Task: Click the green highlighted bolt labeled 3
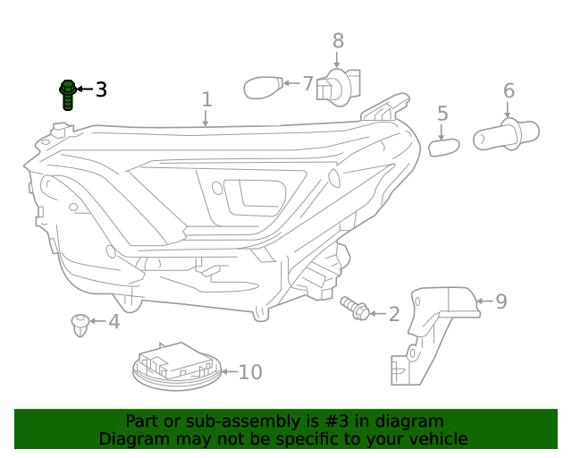point(67,94)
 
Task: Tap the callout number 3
point(101,89)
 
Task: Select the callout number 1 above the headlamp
point(206,98)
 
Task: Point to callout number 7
point(307,84)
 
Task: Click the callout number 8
point(338,40)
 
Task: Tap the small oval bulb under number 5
point(443,145)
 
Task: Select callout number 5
point(442,114)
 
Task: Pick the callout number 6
point(509,90)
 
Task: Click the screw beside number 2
point(354,309)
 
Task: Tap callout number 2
point(394,314)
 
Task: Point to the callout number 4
point(114,321)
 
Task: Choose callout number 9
point(500,301)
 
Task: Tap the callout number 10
point(250,371)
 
